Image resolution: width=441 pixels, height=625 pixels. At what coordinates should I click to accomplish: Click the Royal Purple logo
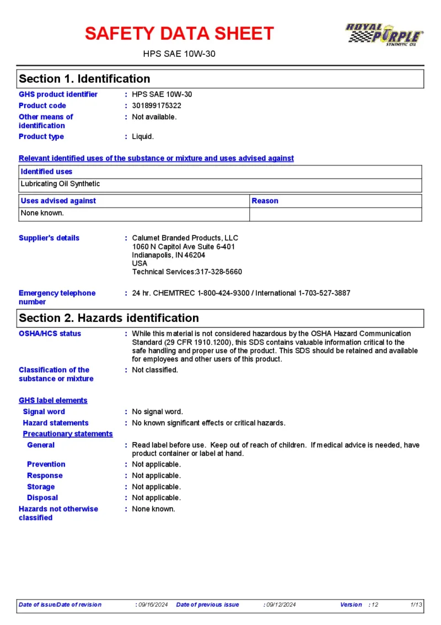click(x=384, y=35)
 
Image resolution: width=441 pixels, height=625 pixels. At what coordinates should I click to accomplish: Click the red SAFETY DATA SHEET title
click(x=179, y=34)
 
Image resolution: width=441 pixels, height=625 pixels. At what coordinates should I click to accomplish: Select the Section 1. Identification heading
click(x=84, y=79)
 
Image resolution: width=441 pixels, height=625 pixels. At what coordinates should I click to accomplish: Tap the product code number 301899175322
click(x=157, y=105)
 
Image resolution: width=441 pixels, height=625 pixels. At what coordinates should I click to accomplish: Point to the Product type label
click(x=41, y=136)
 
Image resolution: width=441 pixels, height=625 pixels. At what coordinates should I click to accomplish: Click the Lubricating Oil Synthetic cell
click(x=61, y=184)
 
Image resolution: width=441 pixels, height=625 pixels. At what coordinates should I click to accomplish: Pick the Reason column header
click(x=265, y=201)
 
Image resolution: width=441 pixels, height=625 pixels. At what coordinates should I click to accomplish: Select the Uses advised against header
click(x=58, y=201)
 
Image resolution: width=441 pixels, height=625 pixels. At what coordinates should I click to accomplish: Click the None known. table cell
click(x=42, y=213)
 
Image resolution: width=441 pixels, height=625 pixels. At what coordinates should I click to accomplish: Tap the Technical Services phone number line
click(x=187, y=272)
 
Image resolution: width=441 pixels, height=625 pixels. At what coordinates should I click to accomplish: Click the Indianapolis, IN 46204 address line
click(x=169, y=255)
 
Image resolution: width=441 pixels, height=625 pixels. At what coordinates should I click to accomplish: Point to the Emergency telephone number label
click(x=57, y=298)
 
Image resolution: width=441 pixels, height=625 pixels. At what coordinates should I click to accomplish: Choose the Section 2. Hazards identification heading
click(x=109, y=318)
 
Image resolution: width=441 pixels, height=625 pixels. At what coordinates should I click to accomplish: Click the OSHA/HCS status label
click(x=50, y=333)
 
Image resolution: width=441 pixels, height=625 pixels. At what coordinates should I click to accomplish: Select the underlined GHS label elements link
click(x=53, y=400)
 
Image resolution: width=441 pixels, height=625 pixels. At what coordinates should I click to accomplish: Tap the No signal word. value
click(x=158, y=412)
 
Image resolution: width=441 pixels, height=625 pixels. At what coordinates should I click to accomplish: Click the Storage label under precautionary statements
click(x=41, y=487)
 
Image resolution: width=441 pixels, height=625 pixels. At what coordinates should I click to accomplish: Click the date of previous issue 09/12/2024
click(x=281, y=605)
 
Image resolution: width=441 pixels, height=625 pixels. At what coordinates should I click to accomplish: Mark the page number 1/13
click(x=416, y=605)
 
